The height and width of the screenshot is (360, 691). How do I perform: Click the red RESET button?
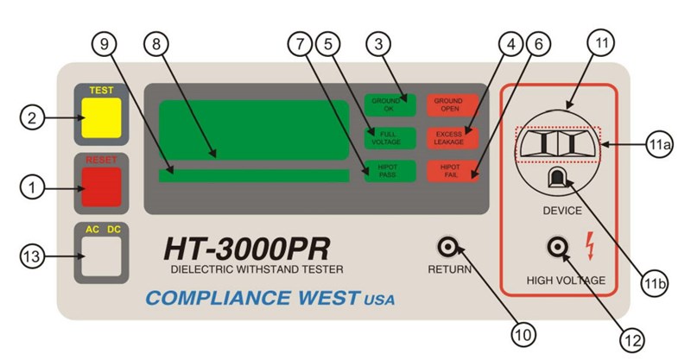(x=100, y=187)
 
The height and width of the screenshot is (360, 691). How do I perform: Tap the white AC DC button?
(x=100, y=257)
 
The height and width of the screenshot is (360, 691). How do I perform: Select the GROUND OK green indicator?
(x=390, y=104)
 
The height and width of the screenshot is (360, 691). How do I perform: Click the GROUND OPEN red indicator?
(x=453, y=104)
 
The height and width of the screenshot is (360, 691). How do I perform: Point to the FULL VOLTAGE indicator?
(x=390, y=138)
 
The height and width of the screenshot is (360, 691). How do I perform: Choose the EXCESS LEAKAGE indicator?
(x=453, y=138)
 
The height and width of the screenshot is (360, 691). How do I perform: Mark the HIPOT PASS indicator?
(x=390, y=171)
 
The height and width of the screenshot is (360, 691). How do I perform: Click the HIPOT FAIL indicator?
(x=453, y=171)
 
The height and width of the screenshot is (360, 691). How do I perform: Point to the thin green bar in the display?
(x=254, y=175)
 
